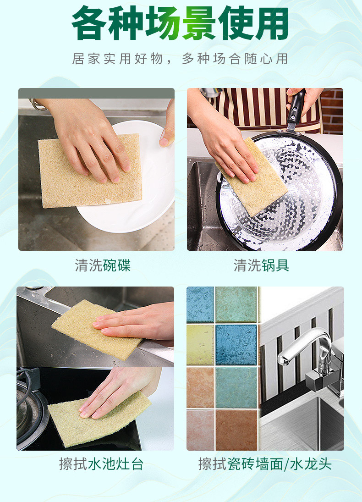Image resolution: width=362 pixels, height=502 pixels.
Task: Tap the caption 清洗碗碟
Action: tap(103, 265)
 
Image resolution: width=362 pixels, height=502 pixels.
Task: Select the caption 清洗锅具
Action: tap(262, 265)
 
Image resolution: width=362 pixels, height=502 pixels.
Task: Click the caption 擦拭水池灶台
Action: tap(101, 464)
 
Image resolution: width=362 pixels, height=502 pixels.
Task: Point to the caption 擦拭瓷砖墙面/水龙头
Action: tap(265, 464)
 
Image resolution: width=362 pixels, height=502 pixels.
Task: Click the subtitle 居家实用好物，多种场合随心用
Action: tap(180, 59)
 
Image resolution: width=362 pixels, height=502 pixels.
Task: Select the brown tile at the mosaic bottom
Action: tap(236, 429)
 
